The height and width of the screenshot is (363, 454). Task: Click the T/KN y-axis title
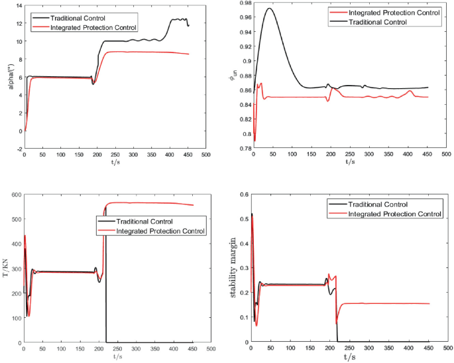coord(7,268)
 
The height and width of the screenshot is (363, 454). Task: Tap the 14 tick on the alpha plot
coord(17,5)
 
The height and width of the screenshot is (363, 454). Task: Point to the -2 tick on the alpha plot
coord(17,149)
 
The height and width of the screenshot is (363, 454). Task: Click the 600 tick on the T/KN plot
coord(15,194)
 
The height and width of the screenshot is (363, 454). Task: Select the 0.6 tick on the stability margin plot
coord(242,194)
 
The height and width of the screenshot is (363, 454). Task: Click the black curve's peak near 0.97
coord(269,8)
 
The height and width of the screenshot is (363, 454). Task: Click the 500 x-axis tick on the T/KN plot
coord(209,348)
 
